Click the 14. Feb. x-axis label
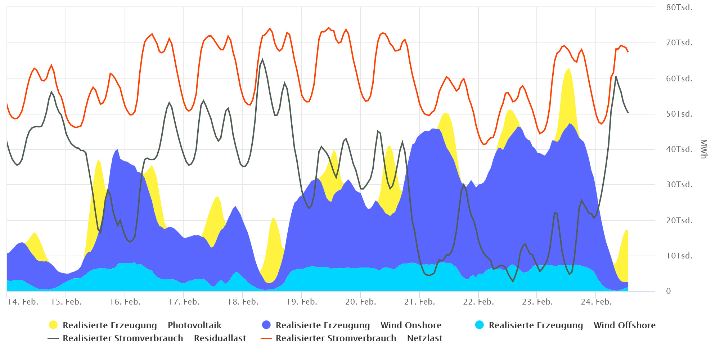pos(23,302)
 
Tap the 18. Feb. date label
pos(243,302)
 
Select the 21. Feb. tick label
pos(419,302)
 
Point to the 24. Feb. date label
pos(596,302)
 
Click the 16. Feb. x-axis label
pos(125,302)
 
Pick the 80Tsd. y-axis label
pos(679,8)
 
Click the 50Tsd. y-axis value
pos(679,114)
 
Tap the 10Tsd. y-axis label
pos(679,256)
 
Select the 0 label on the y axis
pos(669,291)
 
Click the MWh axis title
pos(704,149)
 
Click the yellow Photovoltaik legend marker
pos(53,325)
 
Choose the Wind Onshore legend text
pos(358,325)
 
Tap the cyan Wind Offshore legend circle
pos(479,325)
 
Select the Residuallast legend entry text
pos(154,338)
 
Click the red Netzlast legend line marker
pos(266,338)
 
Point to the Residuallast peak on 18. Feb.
pos(262,60)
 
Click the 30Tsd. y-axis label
pos(679,185)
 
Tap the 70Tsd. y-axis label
pos(679,43)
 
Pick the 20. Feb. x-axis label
pos(361,302)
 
